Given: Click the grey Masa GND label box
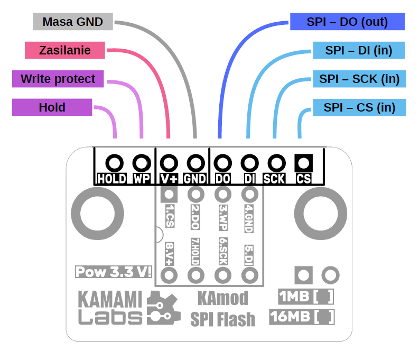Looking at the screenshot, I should point(72,22).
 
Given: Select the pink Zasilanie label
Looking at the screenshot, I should point(64,50).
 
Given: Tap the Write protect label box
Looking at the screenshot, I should point(58,79).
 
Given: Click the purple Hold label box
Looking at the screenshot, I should point(52,107).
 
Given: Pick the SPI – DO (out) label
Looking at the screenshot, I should point(347,22).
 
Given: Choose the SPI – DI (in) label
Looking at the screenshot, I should point(359,50).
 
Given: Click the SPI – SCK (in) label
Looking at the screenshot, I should point(359,79).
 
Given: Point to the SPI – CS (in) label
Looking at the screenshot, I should point(359,107).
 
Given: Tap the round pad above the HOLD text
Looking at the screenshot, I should point(115,162).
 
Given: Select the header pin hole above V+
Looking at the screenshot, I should point(169,162).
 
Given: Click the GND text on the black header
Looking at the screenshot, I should point(195,179).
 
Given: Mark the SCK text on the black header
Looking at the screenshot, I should point(274,179).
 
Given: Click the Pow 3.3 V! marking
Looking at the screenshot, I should point(114,272).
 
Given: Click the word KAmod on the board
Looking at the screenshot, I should point(222,299).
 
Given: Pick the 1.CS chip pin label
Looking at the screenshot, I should point(170,216).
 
